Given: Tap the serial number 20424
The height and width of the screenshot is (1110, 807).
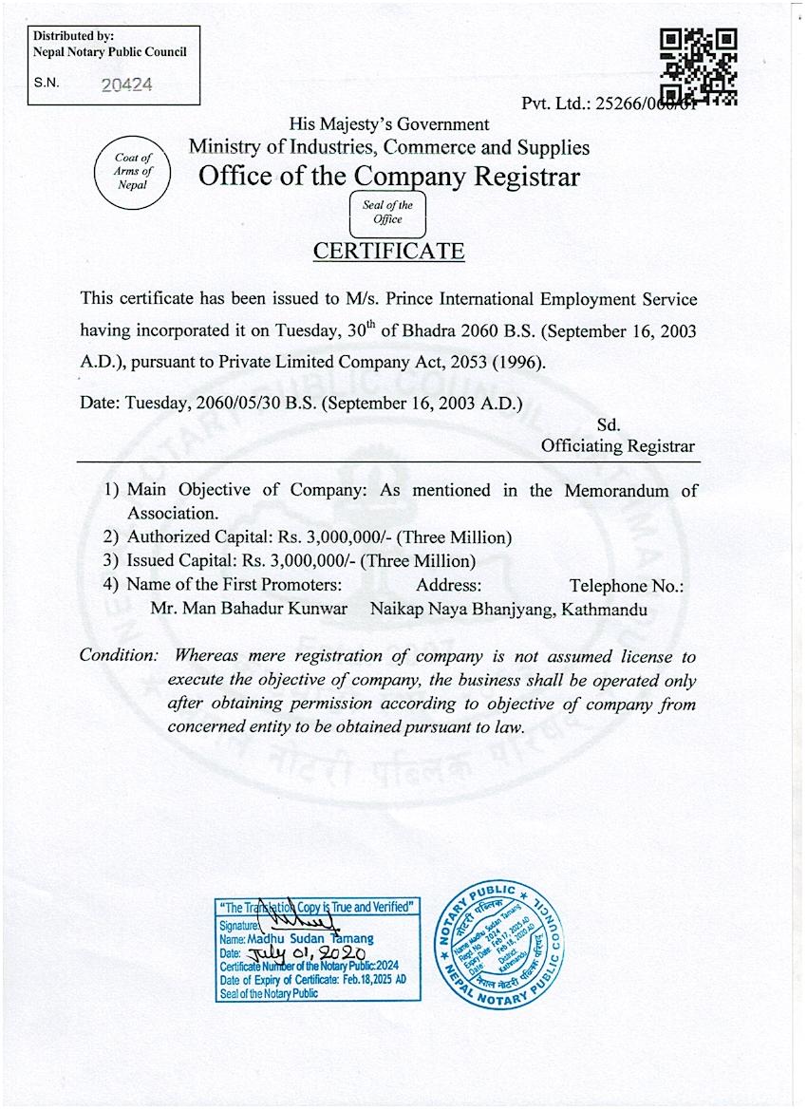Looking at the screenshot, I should coord(126,84).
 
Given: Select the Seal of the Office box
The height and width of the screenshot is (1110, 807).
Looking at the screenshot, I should coord(387,213).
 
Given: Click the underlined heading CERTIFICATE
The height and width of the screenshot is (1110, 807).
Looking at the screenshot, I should coord(388,252).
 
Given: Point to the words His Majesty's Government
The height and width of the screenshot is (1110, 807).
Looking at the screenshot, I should coord(389,123).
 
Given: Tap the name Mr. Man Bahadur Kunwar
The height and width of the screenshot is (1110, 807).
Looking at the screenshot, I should coord(249,610).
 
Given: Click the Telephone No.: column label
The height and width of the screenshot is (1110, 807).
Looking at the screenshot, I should coord(627,586).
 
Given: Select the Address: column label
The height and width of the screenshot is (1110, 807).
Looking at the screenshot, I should coord(448,586).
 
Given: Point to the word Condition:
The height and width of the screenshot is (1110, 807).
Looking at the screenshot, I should coord(119,656).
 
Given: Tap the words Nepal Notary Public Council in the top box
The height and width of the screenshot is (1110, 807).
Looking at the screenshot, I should coord(109,52).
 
